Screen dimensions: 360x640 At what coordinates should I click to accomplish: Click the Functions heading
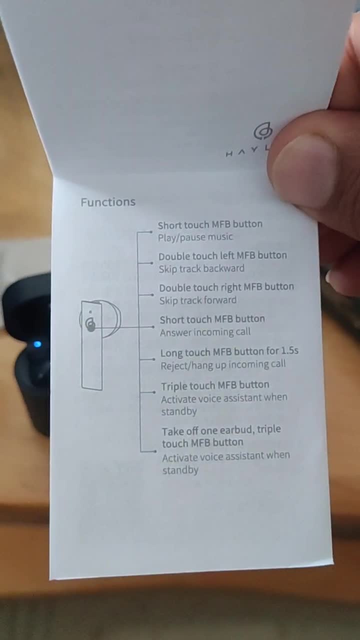[x=108, y=202]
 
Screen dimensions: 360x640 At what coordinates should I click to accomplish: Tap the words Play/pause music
[x=195, y=237]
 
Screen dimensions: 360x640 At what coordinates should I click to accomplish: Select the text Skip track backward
[x=201, y=268]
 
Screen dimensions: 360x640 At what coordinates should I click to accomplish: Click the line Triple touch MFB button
[x=215, y=385]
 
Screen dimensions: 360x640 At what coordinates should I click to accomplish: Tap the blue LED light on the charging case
[x=37, y=344]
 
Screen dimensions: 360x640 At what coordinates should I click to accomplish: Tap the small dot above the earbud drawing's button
[x=90, y=312]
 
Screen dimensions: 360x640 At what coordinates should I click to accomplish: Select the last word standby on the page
[x=180, y=470]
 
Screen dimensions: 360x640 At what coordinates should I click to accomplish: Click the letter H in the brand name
[x=229, y=154]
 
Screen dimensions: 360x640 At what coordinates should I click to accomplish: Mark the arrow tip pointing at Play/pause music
[x=151, y=232]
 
